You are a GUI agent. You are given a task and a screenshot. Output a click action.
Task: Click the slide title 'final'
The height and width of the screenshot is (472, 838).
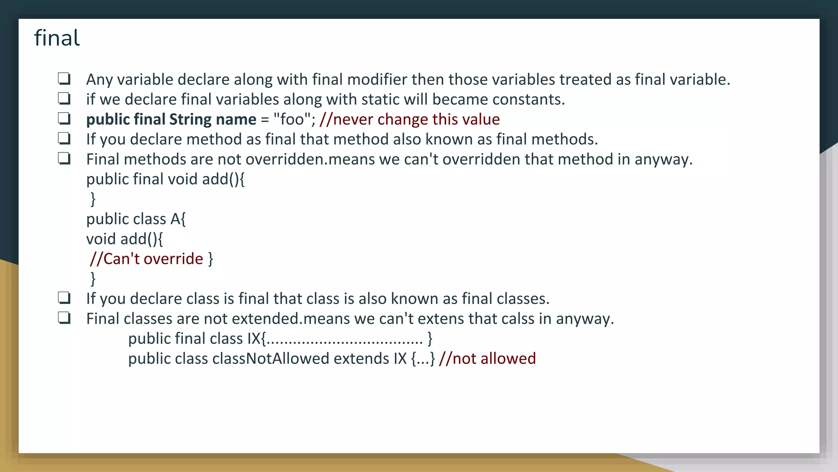[x=57, y=38]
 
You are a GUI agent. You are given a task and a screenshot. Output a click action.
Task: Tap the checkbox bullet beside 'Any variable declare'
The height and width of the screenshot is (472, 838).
[x=64, y=79]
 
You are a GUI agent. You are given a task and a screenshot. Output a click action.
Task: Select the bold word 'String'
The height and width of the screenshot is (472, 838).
[x=190, y=120]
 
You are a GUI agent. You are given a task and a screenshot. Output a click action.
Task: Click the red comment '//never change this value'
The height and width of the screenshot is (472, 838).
[x=410, y=120]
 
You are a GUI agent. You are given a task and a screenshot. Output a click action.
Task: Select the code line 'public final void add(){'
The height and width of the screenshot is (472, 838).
[x=165, y=179]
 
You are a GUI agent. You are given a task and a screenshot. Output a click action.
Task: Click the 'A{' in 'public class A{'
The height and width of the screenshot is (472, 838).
[x=178, y=219]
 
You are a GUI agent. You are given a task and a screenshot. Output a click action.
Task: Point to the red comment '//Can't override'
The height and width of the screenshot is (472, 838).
[x=146, y=259]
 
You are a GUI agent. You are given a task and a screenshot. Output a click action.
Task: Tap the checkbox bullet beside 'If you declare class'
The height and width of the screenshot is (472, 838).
[x=64, y=298]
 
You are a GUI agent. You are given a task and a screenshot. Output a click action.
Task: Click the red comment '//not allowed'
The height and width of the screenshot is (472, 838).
[x=487, y=359]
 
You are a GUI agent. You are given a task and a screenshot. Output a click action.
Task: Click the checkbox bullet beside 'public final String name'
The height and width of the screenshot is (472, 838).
[x=64, y=119]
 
